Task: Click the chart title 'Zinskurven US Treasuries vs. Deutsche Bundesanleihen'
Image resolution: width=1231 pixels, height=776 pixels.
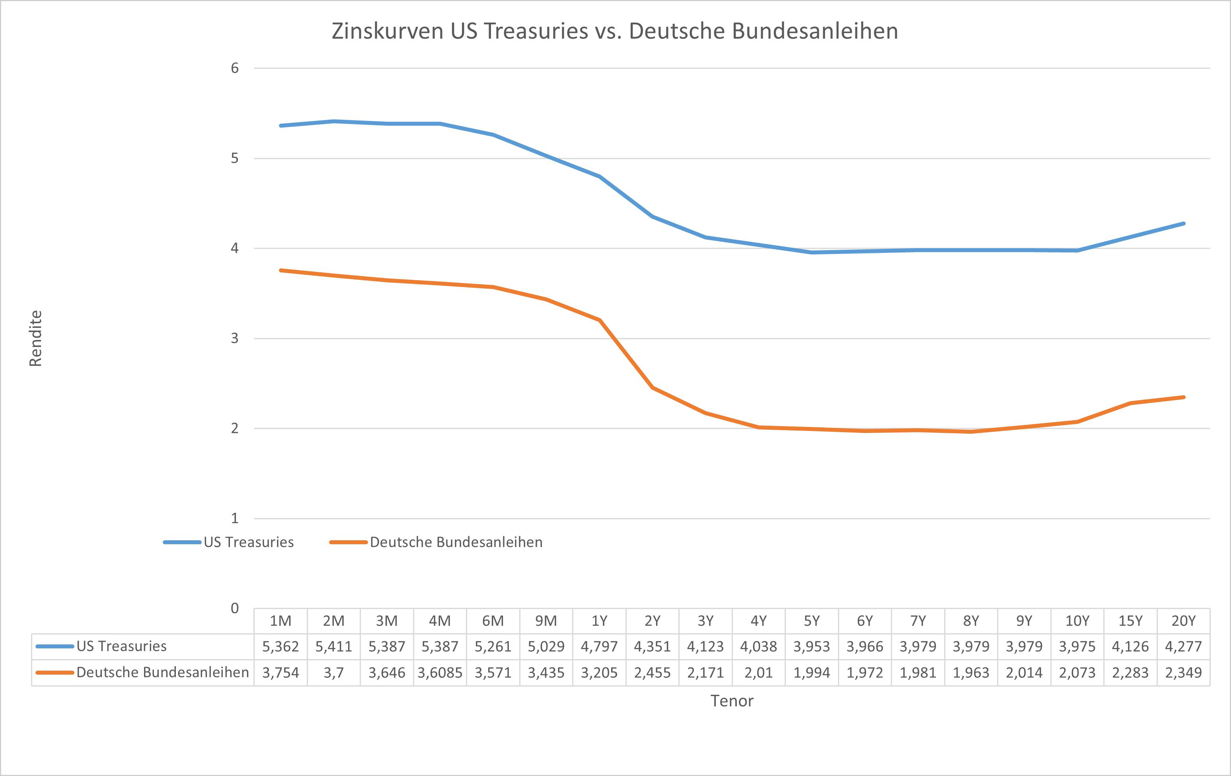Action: pos(614,31)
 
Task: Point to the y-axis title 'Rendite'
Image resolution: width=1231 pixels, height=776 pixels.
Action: pos(35,338)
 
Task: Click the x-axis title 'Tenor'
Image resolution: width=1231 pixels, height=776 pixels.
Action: pos(732,701)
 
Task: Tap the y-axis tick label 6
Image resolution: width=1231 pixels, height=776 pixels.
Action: pos(235,68)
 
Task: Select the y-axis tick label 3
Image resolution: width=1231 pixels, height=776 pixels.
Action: pos(235,338)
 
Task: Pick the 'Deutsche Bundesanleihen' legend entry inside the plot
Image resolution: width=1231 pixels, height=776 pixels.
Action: pos(456,542)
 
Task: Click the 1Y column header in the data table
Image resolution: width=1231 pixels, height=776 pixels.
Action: pos(599,621)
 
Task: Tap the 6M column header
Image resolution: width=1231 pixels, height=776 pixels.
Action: pos(493,621)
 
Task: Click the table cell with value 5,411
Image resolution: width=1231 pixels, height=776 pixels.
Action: pos(333,647)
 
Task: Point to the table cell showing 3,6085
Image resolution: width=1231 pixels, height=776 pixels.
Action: pos(440,673)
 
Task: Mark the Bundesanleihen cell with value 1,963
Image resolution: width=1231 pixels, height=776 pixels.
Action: pos(971,673)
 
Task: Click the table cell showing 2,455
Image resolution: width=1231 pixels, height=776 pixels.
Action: pos(653,673)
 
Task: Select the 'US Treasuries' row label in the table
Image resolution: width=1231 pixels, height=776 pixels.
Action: pos(122,647)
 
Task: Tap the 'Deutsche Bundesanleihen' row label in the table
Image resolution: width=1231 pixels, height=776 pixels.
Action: pos(163,673)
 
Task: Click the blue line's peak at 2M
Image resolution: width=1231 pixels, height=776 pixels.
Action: pos(333,121)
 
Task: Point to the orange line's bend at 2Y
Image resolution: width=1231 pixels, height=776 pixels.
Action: pos(653,388)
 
